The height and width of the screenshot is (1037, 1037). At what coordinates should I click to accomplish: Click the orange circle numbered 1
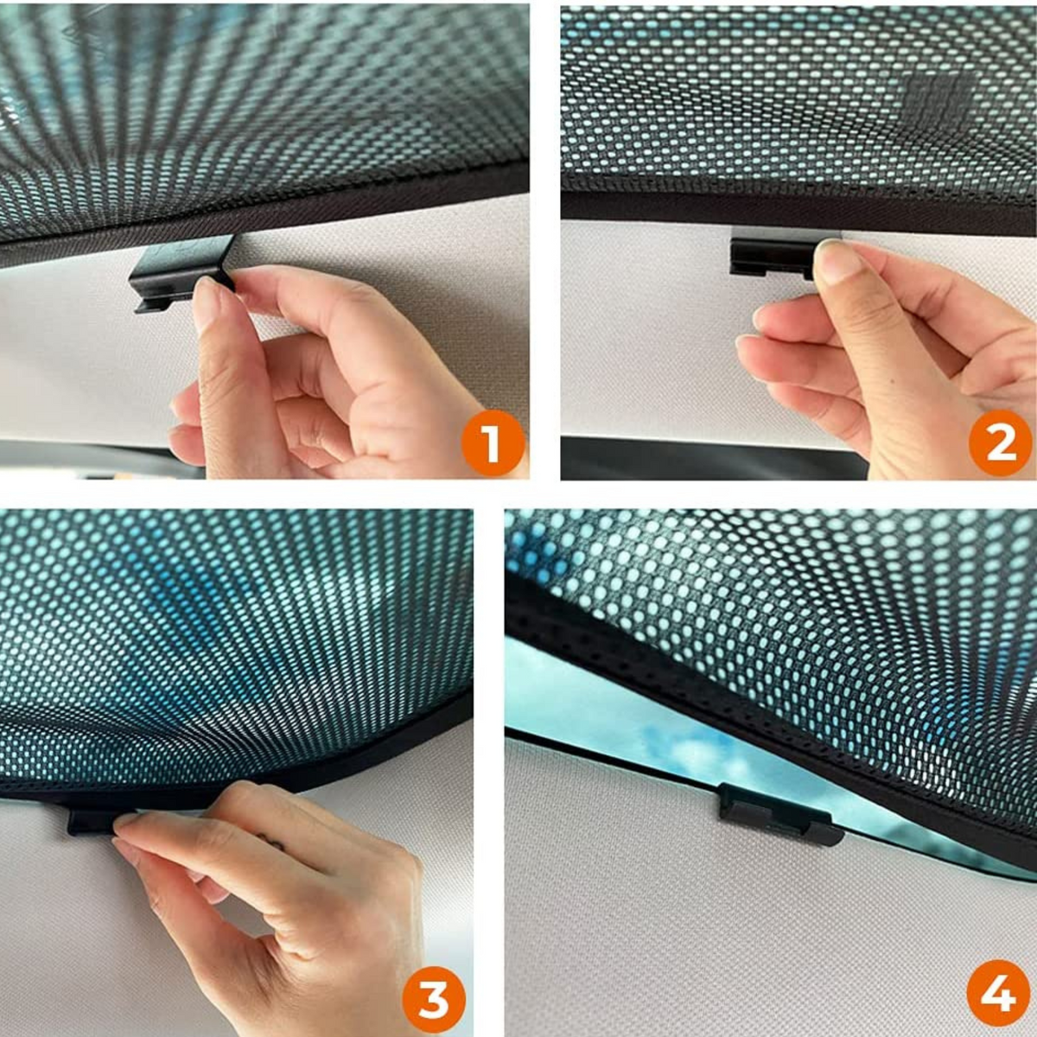click(493, 442)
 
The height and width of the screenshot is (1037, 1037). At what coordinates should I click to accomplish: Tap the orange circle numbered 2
click(1001, 442)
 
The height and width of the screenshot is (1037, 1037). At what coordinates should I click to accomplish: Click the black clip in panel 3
click(92, 819)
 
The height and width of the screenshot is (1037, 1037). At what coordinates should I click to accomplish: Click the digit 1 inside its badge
click(492, 442)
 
